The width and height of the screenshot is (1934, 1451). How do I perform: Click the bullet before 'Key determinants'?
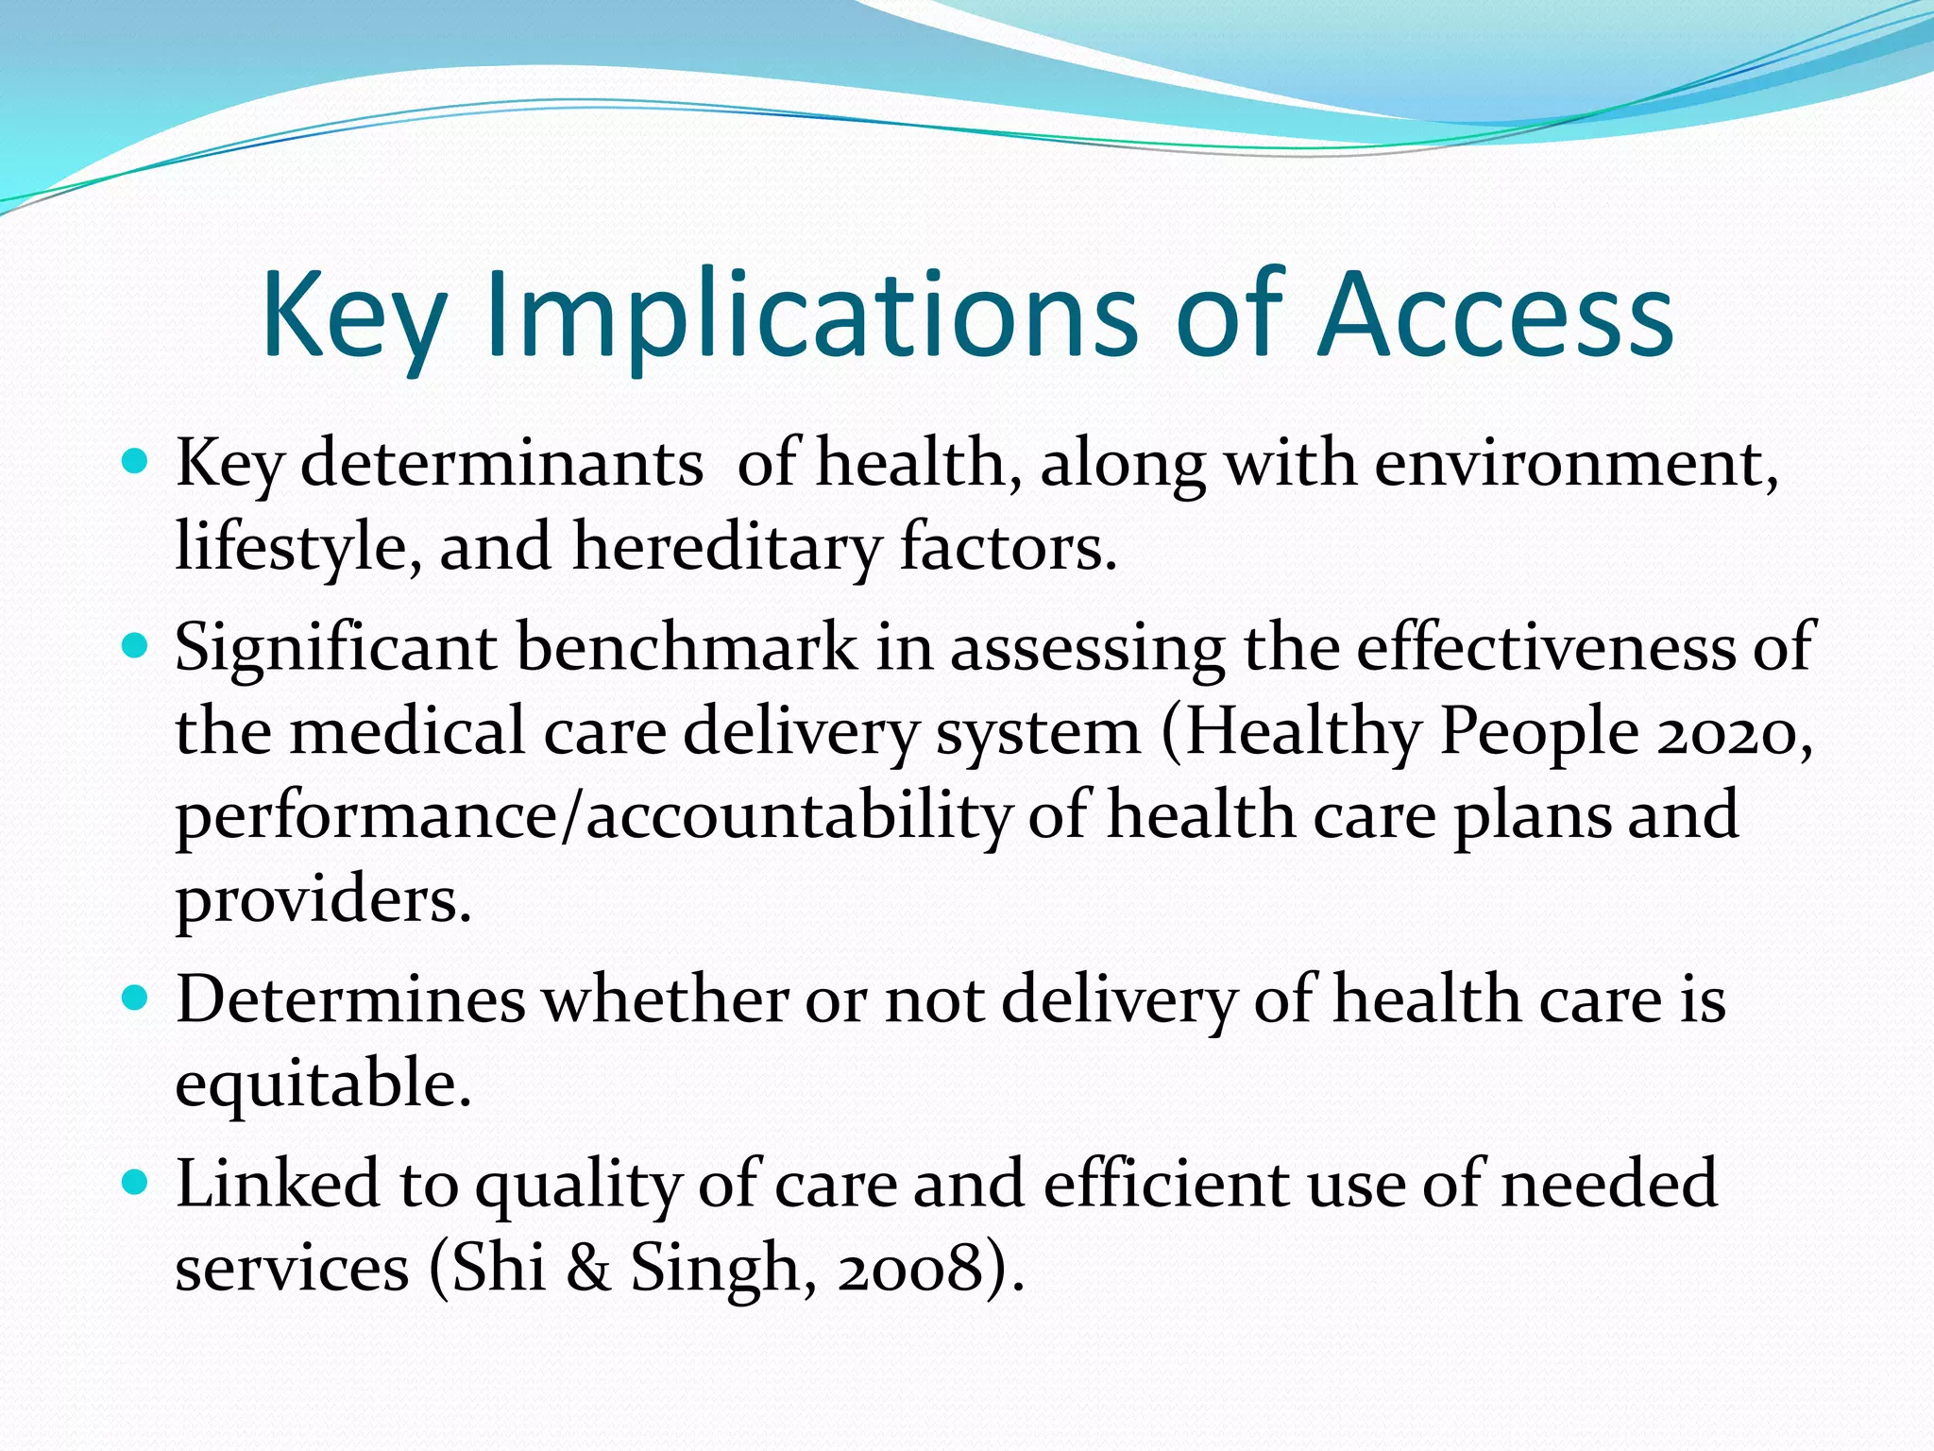point(136,462)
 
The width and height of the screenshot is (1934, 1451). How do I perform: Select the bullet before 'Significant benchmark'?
point(136,646)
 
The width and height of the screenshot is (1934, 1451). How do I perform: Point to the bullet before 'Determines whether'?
point(136,998)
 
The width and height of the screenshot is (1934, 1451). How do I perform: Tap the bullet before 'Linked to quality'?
point(136,1182)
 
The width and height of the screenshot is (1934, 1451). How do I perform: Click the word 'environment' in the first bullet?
point(1575,464)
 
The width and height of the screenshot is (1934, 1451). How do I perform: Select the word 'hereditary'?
point(725,548)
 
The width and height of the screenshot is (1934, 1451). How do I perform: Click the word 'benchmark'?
point(687,648)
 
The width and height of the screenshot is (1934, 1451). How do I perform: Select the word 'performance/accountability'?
point(593,816)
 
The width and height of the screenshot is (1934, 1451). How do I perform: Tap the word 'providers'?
point(322,900)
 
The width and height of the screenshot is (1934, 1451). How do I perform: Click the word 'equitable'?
point(322,1084)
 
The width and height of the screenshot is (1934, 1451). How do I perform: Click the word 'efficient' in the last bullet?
point(1166,1184)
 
